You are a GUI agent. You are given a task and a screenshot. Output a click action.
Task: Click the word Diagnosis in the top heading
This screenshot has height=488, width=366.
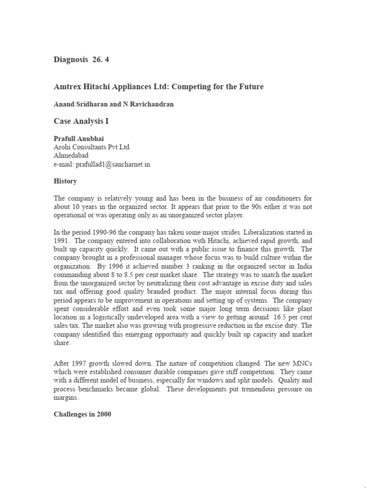click(71, 60)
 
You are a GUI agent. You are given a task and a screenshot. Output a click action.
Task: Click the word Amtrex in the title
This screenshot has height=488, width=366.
click(68, 87)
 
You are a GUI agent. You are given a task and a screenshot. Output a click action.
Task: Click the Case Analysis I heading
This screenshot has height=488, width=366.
click(81, 121)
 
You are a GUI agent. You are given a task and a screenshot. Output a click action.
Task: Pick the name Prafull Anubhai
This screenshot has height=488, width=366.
click(80, 139)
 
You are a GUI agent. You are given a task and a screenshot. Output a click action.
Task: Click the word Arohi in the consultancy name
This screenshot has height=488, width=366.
click(63, 147)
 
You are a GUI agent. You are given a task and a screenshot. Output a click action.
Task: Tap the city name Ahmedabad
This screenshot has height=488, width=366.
click(71, 156)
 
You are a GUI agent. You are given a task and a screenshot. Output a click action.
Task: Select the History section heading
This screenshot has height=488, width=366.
click(65, 182)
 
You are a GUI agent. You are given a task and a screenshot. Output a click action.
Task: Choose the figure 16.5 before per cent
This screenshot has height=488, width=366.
click(274, 317)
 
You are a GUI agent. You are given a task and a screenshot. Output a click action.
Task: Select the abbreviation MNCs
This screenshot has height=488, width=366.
click(301, 364)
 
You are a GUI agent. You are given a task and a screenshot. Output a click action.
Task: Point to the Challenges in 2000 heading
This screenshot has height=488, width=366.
click(82, 414)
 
